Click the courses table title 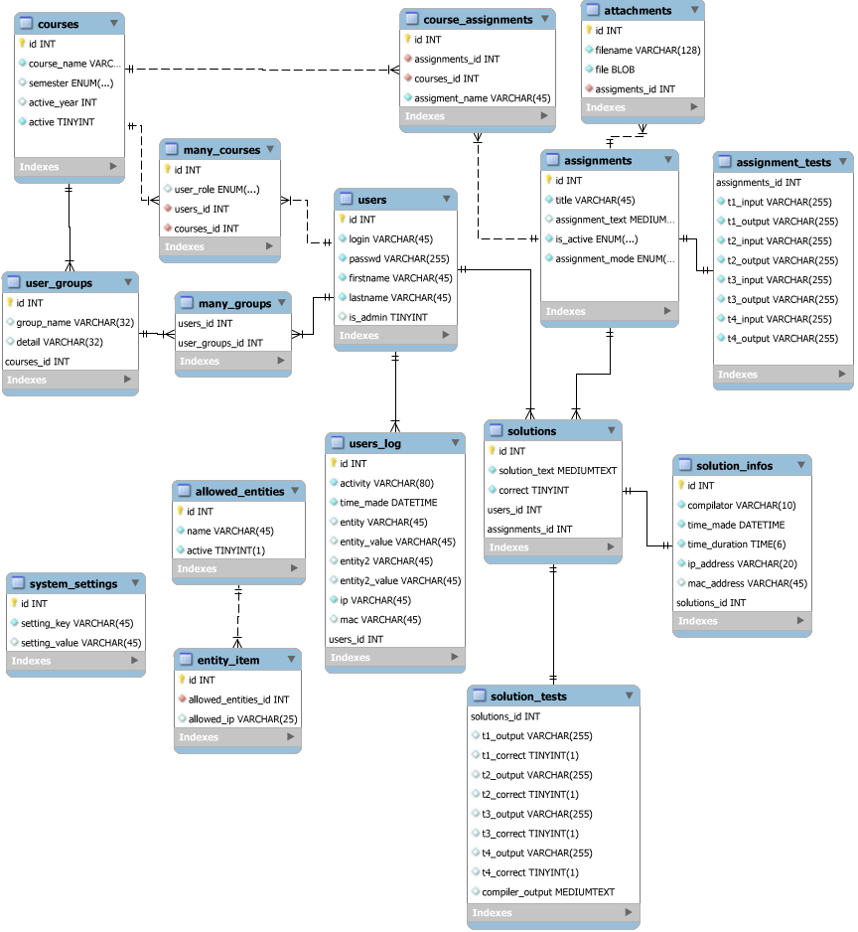tap(58, 24)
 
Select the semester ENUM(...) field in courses tap(71, 82)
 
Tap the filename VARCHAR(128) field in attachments tap(647, 50)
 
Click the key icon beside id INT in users tap(343, 219)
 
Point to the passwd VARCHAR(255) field tap(398, 258)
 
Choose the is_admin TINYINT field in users tap(388, 317)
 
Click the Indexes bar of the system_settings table tap(75, 661)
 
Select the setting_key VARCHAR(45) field tap(77, 623)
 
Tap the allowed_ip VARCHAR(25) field tap(242, 718)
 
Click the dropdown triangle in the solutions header tap(612, 430)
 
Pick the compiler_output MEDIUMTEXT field tap(548, 891)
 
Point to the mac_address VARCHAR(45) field tap(747, 583)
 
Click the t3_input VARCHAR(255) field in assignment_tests tap(779, 280)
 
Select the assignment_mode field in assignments tap(615, 258)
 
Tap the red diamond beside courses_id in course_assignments tap(408, 78)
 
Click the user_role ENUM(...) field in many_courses tap(216, 189)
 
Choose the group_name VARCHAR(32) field tap(74, 322)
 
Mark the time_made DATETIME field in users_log tap(388, 502)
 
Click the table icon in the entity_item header tap(186, 659)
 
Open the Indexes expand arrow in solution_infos tap(800, 620)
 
